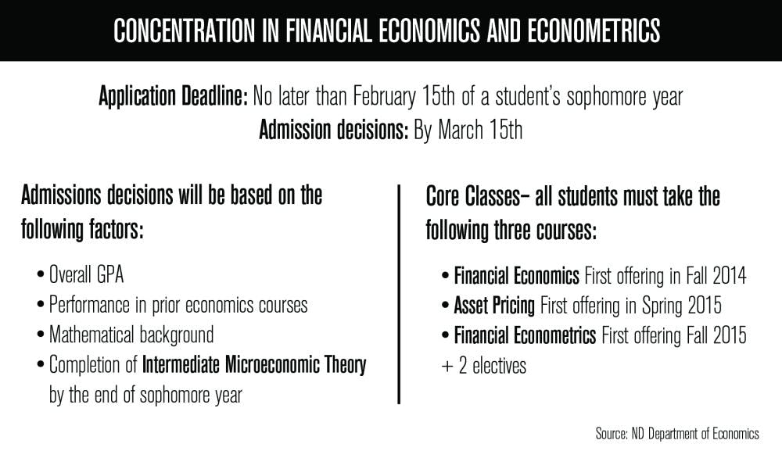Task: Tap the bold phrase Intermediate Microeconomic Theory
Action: pos(254,365)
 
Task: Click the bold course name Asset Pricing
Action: pos(494,305)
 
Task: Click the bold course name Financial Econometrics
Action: pos(525,335)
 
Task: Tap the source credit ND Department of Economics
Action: pos(701,432)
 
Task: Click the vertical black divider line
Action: pos(400,293)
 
